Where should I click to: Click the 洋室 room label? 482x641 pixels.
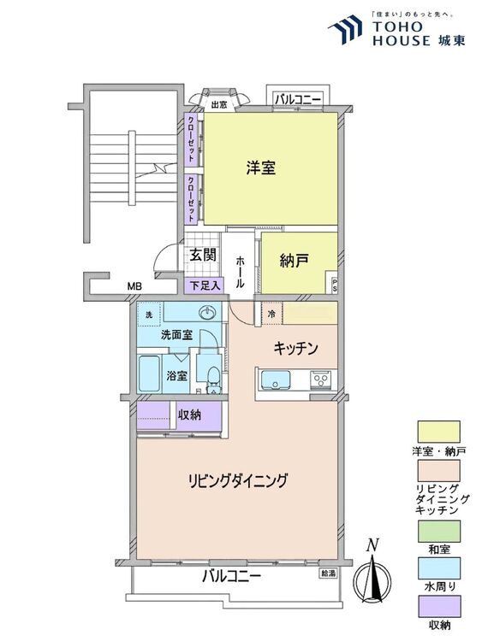point(261,168)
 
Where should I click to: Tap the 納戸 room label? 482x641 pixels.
point(294,261)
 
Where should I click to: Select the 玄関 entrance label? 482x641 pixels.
point(203,255)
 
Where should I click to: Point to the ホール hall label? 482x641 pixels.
point(241,272)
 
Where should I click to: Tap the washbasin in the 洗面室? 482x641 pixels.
point(208,314)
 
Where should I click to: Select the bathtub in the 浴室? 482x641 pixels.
point(149,373)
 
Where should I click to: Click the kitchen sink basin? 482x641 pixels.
point(276,379)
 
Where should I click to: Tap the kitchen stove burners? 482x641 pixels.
point(323,379)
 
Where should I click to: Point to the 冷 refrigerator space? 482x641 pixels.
point(271,314)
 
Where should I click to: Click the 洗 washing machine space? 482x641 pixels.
point(150,315)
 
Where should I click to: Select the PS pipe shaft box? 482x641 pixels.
point(334,285)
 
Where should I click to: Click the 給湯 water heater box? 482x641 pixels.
point(329,573)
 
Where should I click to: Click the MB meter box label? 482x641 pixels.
point(134,286)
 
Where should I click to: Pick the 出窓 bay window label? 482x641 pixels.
point(219,104)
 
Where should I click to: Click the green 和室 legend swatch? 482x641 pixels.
point(438,531)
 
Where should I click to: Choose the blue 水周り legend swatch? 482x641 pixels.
point(438,568)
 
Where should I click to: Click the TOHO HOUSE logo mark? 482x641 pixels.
point(345,29)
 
